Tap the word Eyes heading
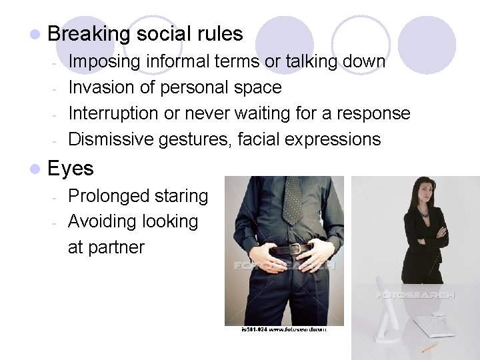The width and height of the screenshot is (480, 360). [x=71, y=168]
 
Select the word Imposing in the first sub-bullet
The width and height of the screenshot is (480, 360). [x=105, y=61]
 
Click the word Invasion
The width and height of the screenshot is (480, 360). [x=100, y=87]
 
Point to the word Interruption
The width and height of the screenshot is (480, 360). [x=114, y=113]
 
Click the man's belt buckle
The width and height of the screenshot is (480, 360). [x=292, y=250]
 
